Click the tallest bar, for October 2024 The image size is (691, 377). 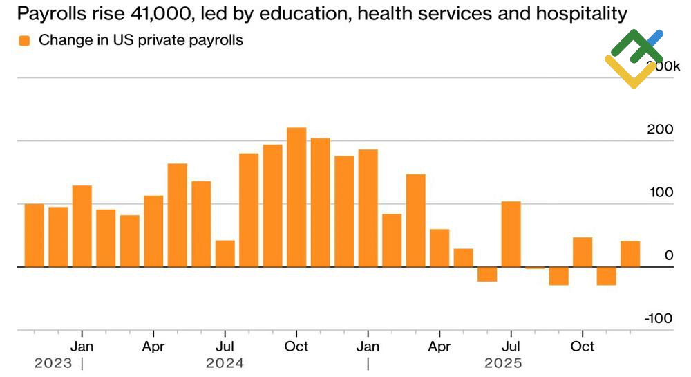[296, 197]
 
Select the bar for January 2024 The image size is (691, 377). [82, 226]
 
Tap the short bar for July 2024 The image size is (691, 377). [225, 253]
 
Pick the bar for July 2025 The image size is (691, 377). [511, 234]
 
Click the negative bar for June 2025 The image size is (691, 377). [487, 274]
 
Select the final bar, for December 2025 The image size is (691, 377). [630, 254]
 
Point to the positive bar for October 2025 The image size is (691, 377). [583, 252]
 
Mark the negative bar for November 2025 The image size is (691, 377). [606, 276]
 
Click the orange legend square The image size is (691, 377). [25, 41]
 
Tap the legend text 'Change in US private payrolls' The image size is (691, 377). [141, 40]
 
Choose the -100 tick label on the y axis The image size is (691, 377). [659, 318]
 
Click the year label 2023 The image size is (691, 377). [52, 362]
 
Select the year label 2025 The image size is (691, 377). [503, 362]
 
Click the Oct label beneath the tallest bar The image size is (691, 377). [296, 346]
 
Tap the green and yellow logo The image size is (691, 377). [634, 59]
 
